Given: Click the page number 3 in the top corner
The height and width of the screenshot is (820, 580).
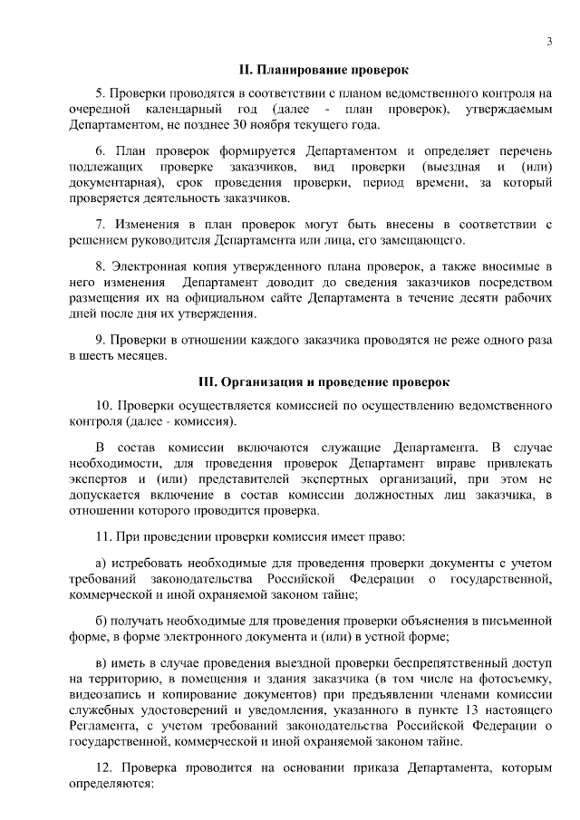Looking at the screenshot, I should [x=550, y=42].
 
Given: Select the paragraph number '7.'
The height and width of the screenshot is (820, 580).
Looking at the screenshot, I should [x=101, y=224].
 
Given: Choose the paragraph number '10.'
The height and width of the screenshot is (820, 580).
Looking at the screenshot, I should [x=104, y=405].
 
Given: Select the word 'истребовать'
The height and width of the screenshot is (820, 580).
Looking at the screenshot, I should [x=149, y=562].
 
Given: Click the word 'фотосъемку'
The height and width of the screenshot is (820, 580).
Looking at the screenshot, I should [x=517, y=678].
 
